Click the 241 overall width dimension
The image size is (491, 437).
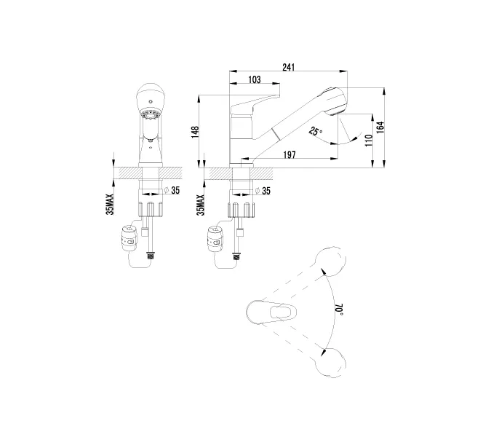coord(288,67)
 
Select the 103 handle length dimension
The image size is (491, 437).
coord(255,79)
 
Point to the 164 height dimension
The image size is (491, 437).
coord(380,127)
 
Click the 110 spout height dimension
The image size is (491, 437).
coord(369,141)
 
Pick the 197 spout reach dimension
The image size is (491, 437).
coord(290,154)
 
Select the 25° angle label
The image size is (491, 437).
coord(315,130)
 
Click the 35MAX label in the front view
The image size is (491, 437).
coord(110,204)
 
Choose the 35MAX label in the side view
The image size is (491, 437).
coord(201,205)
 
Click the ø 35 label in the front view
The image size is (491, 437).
coord(172,190)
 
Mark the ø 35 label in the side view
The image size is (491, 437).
coord(263,191)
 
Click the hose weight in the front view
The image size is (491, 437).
coord(128,238)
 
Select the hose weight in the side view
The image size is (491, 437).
coord(215,240)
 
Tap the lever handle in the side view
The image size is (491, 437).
coord(255,104)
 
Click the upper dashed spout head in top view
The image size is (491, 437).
coord(330,263)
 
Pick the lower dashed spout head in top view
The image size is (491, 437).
coord(331,363)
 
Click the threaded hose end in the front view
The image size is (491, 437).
coord(151,256)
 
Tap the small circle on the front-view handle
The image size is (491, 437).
coord(151,101)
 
